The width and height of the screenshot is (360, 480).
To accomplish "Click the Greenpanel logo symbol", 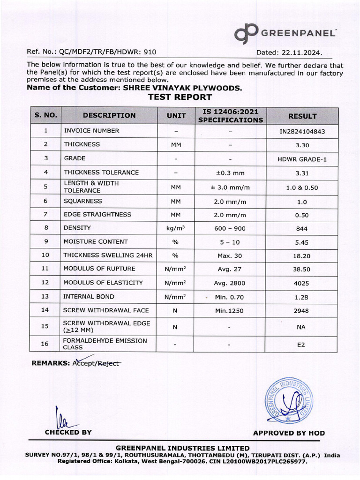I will click(246, 33).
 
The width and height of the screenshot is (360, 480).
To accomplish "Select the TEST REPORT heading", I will click(180, 97).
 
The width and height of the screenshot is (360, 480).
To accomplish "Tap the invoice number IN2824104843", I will click(302, 131).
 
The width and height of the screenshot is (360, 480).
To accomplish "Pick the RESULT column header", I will click(302, 116).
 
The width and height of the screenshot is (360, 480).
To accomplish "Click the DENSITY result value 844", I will click(302, 228).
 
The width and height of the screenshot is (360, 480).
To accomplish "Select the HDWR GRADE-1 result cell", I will click(302, 159).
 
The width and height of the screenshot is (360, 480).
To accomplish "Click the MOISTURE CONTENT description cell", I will click(96, 242).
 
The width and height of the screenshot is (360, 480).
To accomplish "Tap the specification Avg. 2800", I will click(230, 283).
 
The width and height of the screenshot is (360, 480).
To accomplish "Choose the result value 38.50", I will click(302, 270).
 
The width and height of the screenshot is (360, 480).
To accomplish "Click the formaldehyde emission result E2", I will click(301, 345).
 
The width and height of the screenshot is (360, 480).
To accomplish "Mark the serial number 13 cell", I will click(45, 297).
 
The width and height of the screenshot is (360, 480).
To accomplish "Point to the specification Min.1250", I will click(230, 310).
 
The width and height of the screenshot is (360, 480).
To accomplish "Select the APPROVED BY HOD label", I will click(289, 433).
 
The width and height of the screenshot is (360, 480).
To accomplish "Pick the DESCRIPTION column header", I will click(109, 116).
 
